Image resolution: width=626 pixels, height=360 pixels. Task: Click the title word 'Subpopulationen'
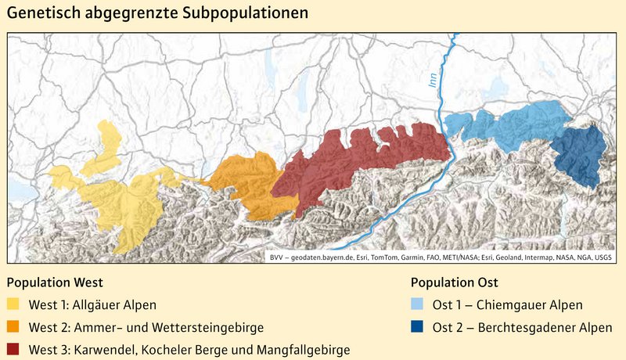243,15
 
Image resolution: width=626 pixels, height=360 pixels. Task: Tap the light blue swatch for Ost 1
419,305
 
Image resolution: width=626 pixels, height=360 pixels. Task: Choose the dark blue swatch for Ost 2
419,327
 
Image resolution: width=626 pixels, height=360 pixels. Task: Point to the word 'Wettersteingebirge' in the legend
211,327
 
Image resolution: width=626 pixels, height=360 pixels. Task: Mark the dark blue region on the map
580,157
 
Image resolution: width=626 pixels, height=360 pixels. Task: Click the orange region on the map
243,184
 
